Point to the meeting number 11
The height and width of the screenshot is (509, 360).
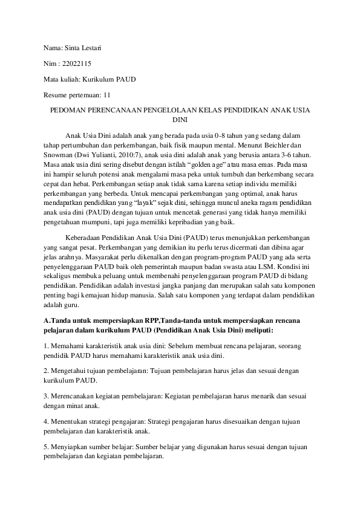pyautogui.click(x=107, y=95)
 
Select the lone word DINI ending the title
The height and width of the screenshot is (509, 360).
pyautogui.click(x=180, y=120)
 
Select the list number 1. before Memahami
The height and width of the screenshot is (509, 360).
pyautogui.click(x=46, y=345)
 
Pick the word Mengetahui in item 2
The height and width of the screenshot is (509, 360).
pyautogui.click(x=70, y=370)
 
